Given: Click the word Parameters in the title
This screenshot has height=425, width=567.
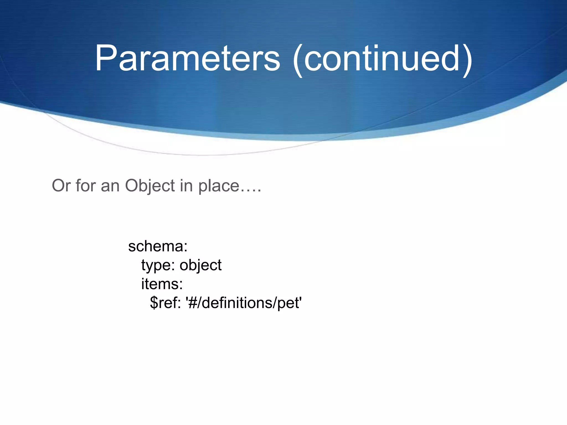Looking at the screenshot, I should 187,59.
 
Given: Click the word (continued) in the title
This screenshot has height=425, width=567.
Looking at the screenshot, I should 382,59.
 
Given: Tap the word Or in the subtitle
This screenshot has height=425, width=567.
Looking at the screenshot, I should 61,185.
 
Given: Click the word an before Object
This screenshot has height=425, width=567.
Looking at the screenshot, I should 110,185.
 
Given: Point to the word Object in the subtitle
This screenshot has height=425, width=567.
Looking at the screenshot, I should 150,185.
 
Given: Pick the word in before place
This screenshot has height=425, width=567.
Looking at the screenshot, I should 186,185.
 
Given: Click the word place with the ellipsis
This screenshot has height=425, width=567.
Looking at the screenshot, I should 219,186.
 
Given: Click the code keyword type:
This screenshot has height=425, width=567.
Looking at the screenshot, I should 158,265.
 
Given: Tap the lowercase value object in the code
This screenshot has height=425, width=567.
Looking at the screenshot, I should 200,265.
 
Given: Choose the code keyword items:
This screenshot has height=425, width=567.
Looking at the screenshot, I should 162,284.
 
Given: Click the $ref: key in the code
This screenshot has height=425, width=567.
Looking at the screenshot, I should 165,303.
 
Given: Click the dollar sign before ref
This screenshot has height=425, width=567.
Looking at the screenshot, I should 154,303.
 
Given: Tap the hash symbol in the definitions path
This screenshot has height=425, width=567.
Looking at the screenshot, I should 193,303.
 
